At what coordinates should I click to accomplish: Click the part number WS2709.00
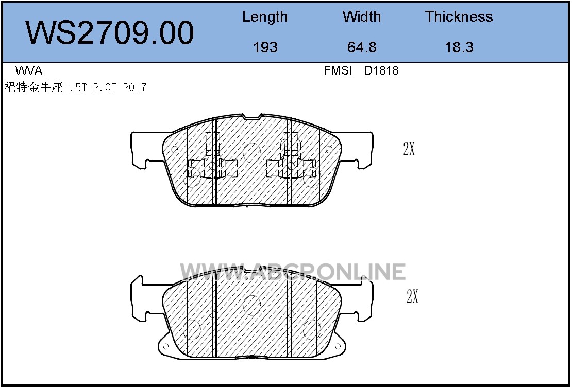pyautogui.click(x=109, y=33)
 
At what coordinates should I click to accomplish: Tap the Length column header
pyautogui.click(x=265, y=17)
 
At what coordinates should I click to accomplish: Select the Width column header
pyautogui.click(x=362, y=17)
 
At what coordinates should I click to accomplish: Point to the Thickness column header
pyautogui.click(x=459, y=17)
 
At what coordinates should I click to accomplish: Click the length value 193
pyautogui.click(x=265, y=47)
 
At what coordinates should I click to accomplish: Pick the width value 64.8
pyautogui.click(x=362, y=47)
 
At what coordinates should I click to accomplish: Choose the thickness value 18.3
pyautogui.click(x=459, y=47)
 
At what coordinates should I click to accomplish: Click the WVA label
pyautogui.click(x=29, y=70)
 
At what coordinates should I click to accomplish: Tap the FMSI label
pyautogui.click(x=338, y=70)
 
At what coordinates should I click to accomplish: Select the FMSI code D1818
pyautogui.click(x=381, y=70)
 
